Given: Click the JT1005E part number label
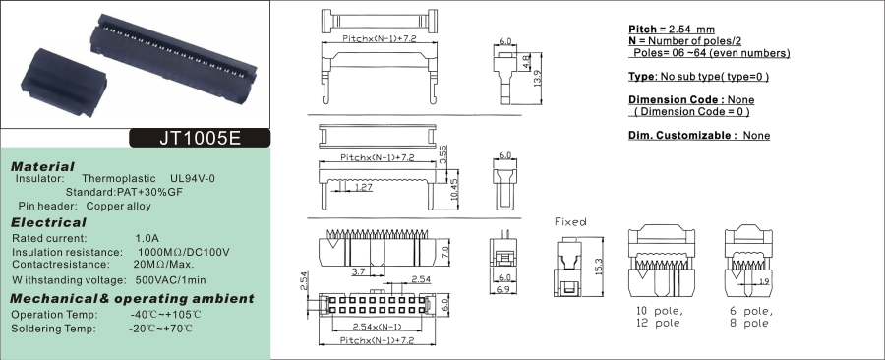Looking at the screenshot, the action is [200, 139].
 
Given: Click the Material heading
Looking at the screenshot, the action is [42, 166].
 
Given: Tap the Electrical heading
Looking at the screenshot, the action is [48, 222].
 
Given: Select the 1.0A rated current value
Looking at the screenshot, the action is [147, 238].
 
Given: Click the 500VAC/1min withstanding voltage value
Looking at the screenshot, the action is [170, 280].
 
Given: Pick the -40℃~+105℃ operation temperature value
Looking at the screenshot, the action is [165, 315].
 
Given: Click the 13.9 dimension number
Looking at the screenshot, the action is [537, 78].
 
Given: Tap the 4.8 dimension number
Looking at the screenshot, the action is [526, 62].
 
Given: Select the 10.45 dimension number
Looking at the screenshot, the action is [455, 189].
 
